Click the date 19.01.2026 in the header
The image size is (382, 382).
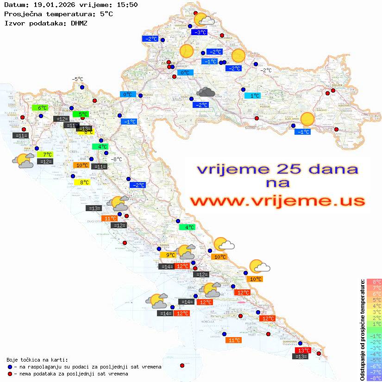point(53,5)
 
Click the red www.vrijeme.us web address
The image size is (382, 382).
point(277,200)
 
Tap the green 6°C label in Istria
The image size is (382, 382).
point(41,108)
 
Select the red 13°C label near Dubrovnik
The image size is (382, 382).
point(303,351)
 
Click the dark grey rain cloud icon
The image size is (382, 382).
point(205,92)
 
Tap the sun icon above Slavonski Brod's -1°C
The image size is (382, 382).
point(307,119)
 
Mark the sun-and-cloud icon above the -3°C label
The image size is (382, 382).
point(203,20)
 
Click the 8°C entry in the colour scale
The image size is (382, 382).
point(374,282)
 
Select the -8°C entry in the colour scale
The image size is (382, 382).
point(374,378)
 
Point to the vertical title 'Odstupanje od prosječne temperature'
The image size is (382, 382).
point(362,330)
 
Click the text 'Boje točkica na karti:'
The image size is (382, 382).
point(37,360)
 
